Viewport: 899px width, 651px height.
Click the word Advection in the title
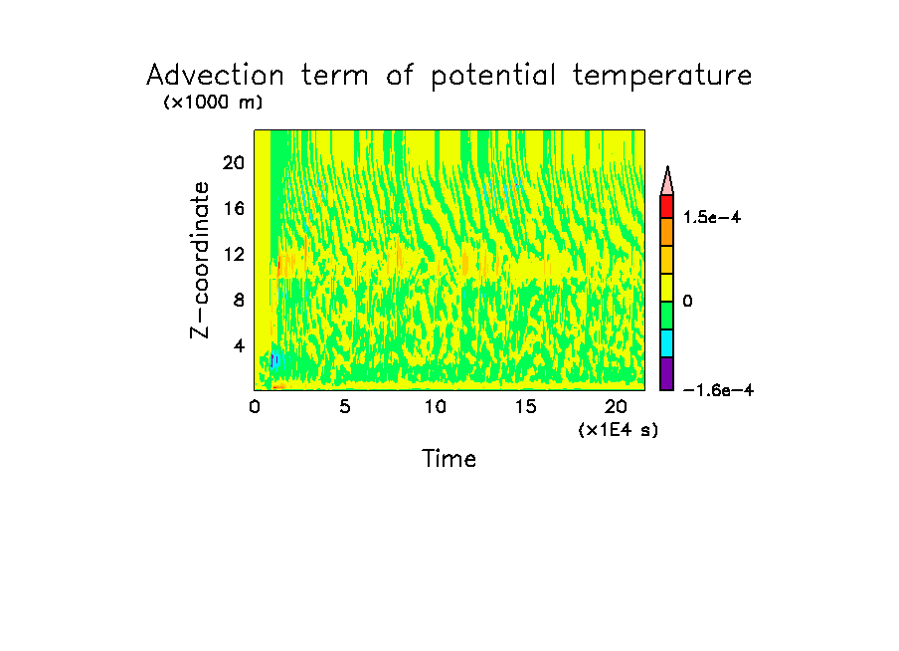[x=212, y=76]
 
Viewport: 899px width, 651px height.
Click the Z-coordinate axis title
[x=202, y=260]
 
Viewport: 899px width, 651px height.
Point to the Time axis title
[x=449, y=459]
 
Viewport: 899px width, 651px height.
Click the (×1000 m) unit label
[x=212, y=103]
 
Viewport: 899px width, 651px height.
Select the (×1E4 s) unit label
[x=618, y=429]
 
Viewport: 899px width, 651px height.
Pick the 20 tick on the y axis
[x=233, y=163]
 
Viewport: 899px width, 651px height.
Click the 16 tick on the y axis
[x=233, y=209]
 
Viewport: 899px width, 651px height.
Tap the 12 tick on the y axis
[x=233, y=254]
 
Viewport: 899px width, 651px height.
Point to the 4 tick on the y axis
[x=239, y=345]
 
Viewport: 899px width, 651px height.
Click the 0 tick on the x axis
[x=255, y=406]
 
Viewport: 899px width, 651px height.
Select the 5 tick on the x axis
[x=345, y=406]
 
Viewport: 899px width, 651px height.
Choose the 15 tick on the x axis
[x=525, y=406]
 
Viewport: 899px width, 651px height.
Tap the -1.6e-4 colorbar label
[x=718, y=390]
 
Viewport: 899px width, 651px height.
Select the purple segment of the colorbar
[x=666, y=374]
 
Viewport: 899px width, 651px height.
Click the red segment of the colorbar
[x=666, y=206]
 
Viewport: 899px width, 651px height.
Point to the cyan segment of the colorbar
[x=666, y=342]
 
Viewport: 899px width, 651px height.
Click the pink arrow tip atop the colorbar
[x=667, y=181]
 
